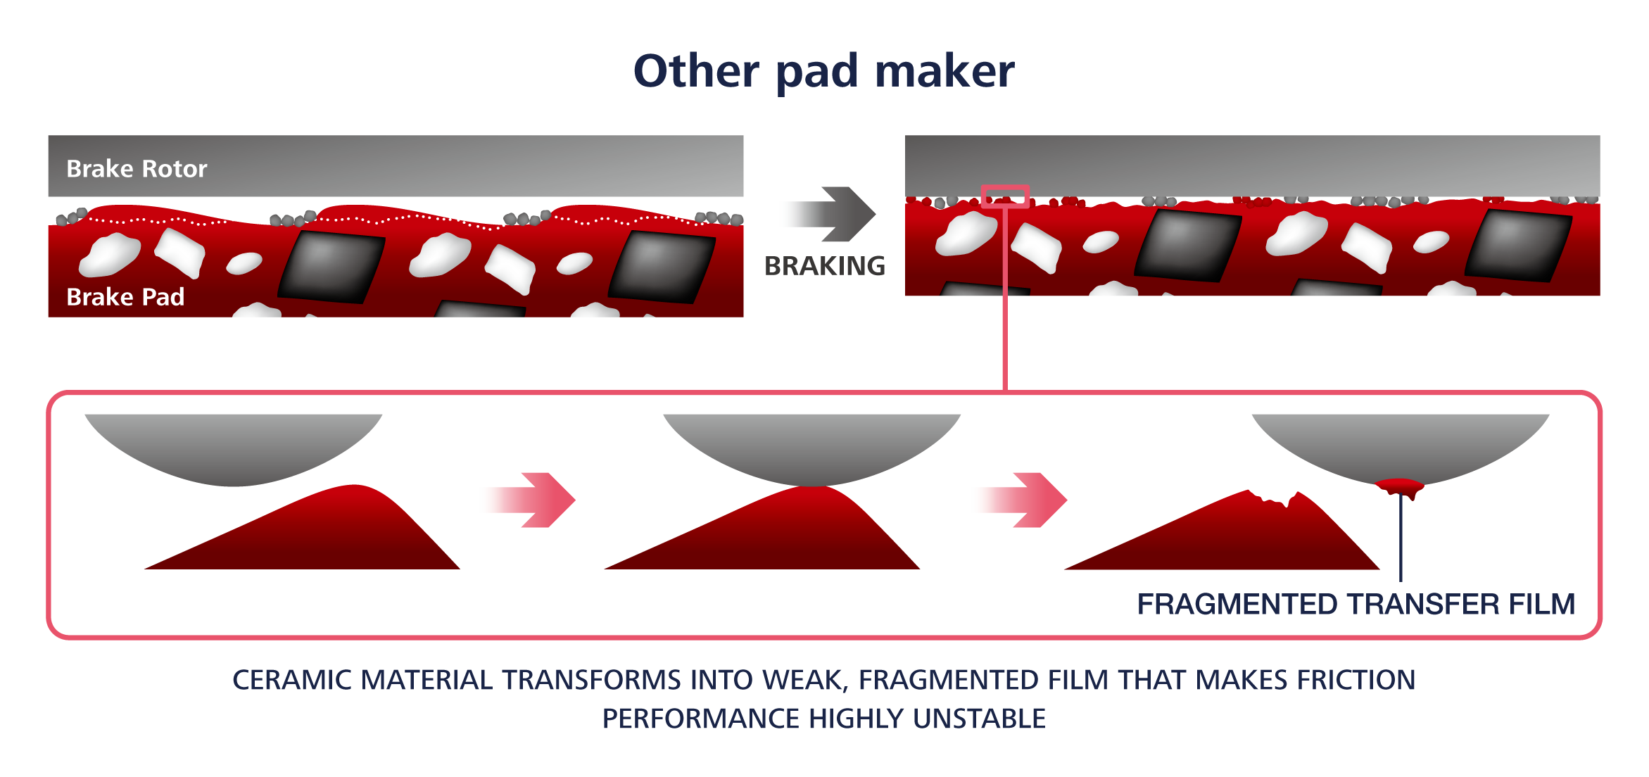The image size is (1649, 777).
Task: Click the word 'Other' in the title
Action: pyautogui.click(x=696, y=71)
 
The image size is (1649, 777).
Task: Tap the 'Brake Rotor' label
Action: pyautogui.click(x=137, y=169)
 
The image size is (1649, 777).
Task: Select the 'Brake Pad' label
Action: pyautogui.click(x=125, y=297)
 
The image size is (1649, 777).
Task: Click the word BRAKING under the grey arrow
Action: pyautogui.click(x=825, y=266)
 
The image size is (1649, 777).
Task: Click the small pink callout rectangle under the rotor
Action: pyautogui.click(x=1005, y=196)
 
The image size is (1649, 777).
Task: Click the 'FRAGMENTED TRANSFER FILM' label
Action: pyautogui.click(x=1356, y=605)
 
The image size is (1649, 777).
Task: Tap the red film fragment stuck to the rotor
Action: pyautogui.click(x=1399, y=486)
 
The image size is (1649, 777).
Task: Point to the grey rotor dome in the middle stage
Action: pyautogui.click(x=812, y=447)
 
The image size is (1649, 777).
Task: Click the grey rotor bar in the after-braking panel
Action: pyautogui.click(x=1252, y=165)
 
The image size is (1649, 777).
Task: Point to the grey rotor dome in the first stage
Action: pyautogui.click(x=234, y=447)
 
